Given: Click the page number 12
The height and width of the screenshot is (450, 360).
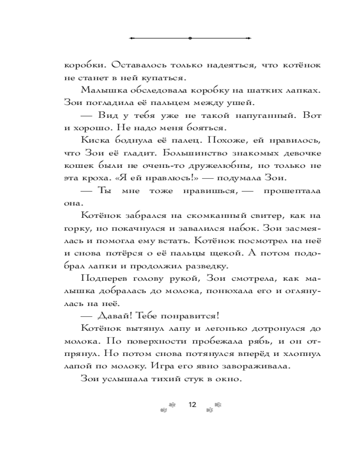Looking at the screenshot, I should click(192, 405).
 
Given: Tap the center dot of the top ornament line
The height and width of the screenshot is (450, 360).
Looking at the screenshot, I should click(190, 38).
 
